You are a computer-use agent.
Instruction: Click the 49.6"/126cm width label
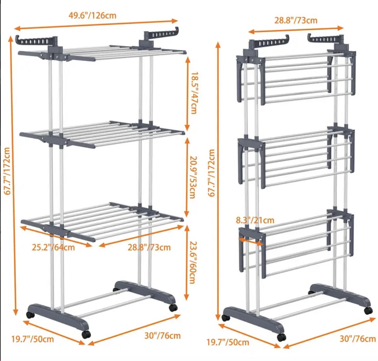[93, 15]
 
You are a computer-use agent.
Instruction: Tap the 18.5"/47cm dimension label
[194, 93]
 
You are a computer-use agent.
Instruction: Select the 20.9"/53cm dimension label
[192, 177]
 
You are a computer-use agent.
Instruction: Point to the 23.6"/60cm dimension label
[192, 262]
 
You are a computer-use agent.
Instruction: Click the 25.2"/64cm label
[53, 248]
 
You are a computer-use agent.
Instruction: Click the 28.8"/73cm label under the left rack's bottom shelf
[149, 247]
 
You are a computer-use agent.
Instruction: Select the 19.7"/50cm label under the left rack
[32, 339]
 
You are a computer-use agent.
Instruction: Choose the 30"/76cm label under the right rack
[358, 339]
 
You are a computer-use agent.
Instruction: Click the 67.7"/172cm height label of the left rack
[7, 171]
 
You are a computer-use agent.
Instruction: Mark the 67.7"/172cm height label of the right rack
[211, 173]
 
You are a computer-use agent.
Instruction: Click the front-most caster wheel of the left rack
[86, 334]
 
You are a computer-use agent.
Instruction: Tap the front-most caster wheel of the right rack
[281, 337]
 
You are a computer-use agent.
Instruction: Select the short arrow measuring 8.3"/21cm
[250, 241]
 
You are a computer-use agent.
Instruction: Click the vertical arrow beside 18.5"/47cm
[187, 94]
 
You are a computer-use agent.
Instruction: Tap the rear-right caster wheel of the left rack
[173, 307]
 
